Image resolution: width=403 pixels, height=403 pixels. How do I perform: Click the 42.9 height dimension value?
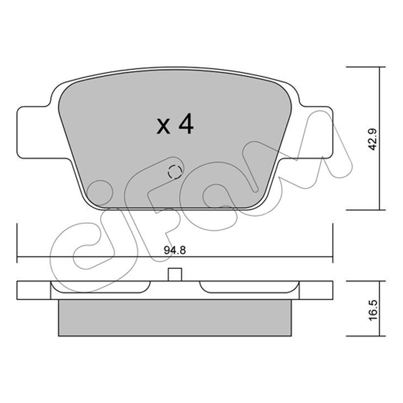tap(372, 139)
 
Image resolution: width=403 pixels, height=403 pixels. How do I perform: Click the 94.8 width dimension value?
tap(175, 250)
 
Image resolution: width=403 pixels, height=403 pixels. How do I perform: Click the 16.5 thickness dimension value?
tap(373, 310)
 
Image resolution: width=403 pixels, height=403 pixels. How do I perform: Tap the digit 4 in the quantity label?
tap(186, 124)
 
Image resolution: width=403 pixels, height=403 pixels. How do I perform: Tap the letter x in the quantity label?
tap(163, 127)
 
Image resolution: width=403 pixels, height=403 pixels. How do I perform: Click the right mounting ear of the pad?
tap(316, 132)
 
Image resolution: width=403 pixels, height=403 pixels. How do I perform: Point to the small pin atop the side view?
tap(175, 274)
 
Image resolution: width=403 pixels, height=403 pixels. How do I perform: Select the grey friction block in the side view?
tap(175, 318)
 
